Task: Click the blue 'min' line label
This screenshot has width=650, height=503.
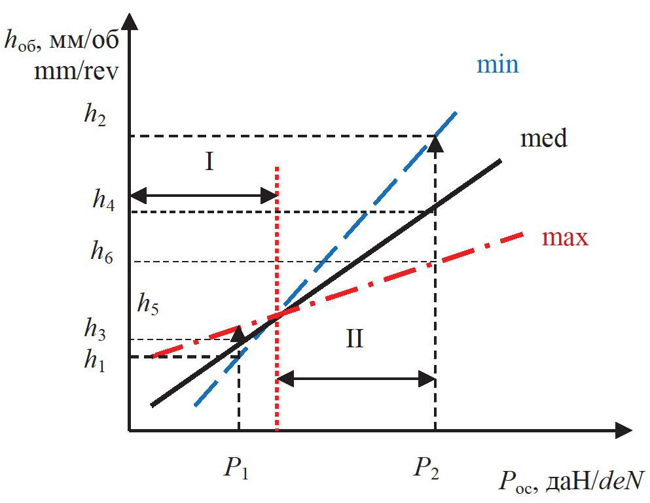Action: point(497,65)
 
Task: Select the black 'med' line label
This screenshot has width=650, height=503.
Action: point(543,139)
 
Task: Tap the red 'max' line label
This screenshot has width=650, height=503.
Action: point(566,237)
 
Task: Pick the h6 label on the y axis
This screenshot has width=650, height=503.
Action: point(102,252)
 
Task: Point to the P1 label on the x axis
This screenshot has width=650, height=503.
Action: point(238,468)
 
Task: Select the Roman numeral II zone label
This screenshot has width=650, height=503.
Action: point(354,340)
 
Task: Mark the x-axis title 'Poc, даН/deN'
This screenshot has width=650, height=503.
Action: point(570,482)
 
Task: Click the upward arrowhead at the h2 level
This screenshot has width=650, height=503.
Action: point(435,144)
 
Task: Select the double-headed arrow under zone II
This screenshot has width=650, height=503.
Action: point(356,379)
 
